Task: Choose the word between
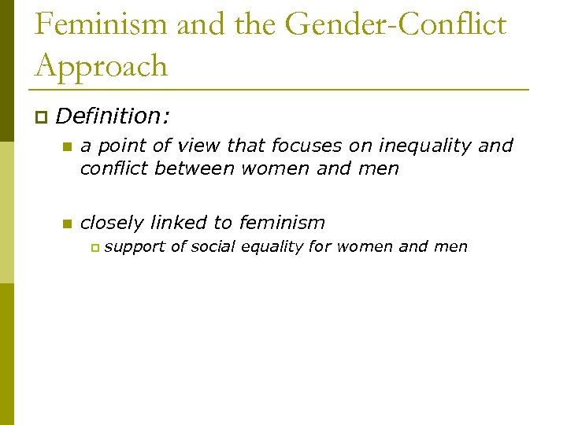[x=196, y=168]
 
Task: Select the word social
[x=213, y=246]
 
